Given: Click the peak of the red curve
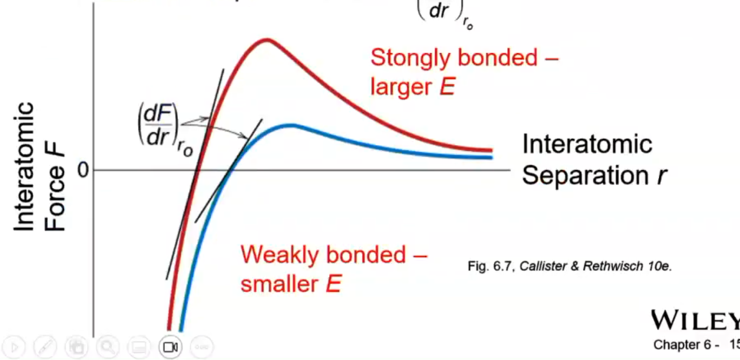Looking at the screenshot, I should (x=265, y=40).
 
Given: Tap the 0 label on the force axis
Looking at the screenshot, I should (x=83, y=170).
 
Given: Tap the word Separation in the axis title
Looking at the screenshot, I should (x=584, y=175).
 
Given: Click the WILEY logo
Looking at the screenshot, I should (x=695, y=321).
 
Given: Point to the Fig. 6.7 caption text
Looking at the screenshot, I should (x=569, y=266).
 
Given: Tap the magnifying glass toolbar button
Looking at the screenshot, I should (x=107, y=346).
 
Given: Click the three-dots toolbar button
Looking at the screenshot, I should (x=201, y=346).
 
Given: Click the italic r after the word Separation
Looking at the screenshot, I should (x=661, y=176).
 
